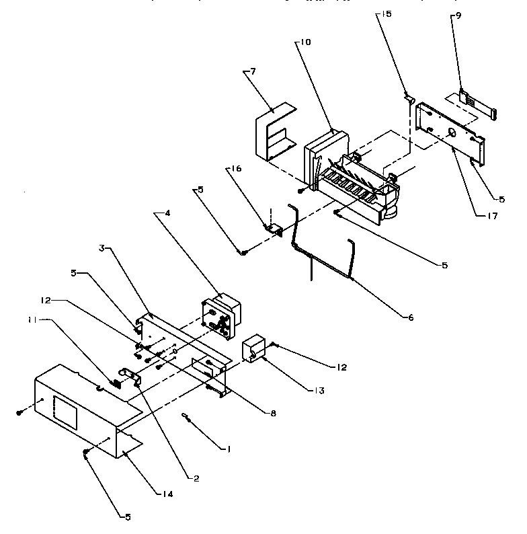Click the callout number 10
(306, 42)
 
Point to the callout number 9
(458, 16)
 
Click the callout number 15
(383, 13)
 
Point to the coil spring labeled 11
(114, 384)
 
